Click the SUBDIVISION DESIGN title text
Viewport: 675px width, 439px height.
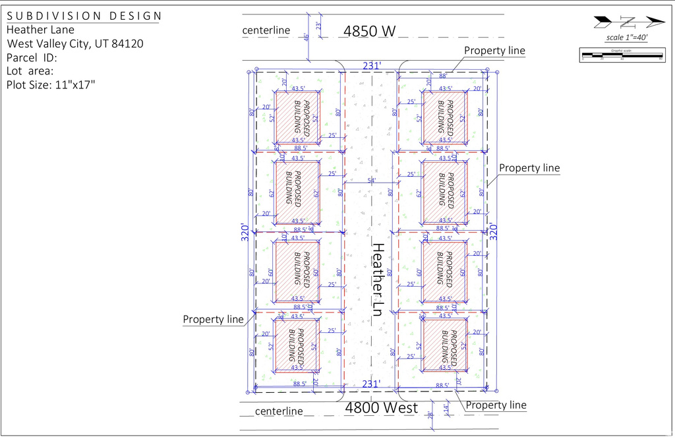(84, 16)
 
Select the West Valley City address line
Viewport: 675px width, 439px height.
(75, 44)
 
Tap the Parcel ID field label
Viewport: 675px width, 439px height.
(32, 57)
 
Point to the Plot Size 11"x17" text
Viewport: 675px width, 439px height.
(51, 84)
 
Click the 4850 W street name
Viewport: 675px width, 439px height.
(370, 30)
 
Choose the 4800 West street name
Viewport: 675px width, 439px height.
(382, 408)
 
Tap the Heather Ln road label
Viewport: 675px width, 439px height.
(378, 279)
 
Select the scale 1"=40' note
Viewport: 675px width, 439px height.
(626, 38)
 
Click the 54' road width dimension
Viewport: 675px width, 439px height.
(372, 180)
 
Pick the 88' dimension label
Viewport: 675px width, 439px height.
(454, 75)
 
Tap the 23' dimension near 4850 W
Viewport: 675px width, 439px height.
(319, 26)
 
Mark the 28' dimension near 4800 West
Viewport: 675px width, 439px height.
(430, 415)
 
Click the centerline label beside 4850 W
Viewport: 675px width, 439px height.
(266, 30)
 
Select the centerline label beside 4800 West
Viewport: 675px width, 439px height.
(278, 411)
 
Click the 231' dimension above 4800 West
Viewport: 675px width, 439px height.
(371, 384)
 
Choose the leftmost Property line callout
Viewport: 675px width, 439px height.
(213, 320)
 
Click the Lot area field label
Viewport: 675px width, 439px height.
(30, 71)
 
